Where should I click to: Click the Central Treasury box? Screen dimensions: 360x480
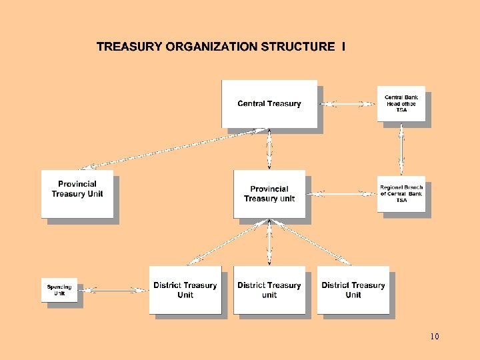click(269, 103)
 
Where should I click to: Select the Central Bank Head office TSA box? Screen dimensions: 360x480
click(401, 103)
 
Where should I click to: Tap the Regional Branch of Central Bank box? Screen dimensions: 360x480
click(401, 194)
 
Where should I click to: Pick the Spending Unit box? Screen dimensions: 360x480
click(59, 290)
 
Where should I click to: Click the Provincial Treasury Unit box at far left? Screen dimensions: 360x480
click(77, 193)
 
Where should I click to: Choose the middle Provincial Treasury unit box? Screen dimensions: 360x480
click(269, 193)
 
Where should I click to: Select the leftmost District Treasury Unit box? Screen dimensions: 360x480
click(185, 290)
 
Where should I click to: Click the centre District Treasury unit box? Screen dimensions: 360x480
click(269, 290)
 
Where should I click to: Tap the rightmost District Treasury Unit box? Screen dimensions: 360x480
click(353, 290)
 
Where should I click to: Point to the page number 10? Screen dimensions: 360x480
click(435, 337)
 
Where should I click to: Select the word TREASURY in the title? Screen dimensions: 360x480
click(129, 47)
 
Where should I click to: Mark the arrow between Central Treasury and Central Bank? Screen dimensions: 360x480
click(347, 103)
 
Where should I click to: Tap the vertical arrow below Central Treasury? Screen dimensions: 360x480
click(269, 149)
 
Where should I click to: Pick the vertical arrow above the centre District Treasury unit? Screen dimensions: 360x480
click(269, 243)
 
